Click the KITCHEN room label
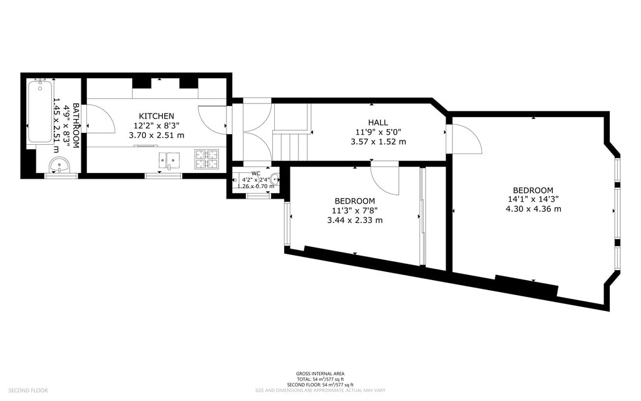(x=156, y=116)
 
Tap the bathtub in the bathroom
(x=39, y=112)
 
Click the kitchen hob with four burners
(x=207, y=159)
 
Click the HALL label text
(x=377, y=122)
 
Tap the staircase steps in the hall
(x=292, y=145)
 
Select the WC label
(x=255, y=173)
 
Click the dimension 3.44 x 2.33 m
(x=354, y=220)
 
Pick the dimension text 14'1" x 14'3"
(x=533, y=199)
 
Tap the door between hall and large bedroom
(x=464, y=139)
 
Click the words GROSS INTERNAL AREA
(x=320, y=373)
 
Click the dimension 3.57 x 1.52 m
(x=377, y=142)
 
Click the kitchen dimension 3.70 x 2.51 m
(x=156, y=135)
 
